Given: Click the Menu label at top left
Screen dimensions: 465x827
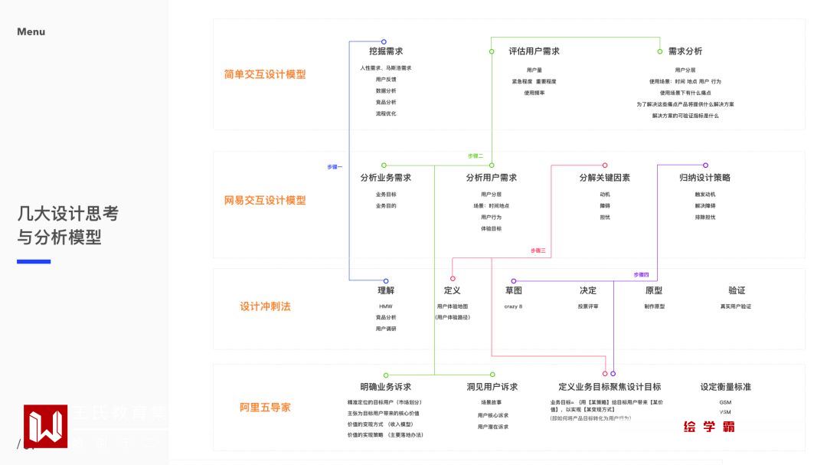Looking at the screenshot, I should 31,31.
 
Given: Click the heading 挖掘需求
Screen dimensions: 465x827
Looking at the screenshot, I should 386,51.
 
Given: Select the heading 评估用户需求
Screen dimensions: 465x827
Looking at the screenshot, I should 534,51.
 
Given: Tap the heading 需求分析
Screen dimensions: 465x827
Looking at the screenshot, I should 685,51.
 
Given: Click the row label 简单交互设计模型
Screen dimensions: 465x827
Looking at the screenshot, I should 265,74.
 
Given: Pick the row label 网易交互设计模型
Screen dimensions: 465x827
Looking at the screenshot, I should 265,200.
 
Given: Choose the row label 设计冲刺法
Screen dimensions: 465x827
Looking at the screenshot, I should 265,306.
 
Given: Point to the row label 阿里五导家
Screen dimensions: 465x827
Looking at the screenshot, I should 265,407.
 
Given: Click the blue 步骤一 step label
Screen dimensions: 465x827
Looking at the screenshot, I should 335,166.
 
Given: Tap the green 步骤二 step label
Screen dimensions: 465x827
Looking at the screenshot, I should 476,156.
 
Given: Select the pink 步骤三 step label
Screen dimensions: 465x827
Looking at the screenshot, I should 538,251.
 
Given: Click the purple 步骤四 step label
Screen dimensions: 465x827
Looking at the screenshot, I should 641,274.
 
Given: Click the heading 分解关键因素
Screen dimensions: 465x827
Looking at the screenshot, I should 604,178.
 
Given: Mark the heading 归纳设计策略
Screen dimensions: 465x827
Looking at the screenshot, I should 704,178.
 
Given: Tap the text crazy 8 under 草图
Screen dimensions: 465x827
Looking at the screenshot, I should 513,306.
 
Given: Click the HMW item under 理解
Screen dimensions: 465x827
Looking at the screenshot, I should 385,306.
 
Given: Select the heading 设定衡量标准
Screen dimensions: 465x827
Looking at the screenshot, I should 725,387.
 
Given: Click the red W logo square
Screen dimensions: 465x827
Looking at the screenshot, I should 45,427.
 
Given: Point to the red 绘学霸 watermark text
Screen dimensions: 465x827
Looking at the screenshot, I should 709,427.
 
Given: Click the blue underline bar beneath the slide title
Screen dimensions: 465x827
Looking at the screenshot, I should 34,262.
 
